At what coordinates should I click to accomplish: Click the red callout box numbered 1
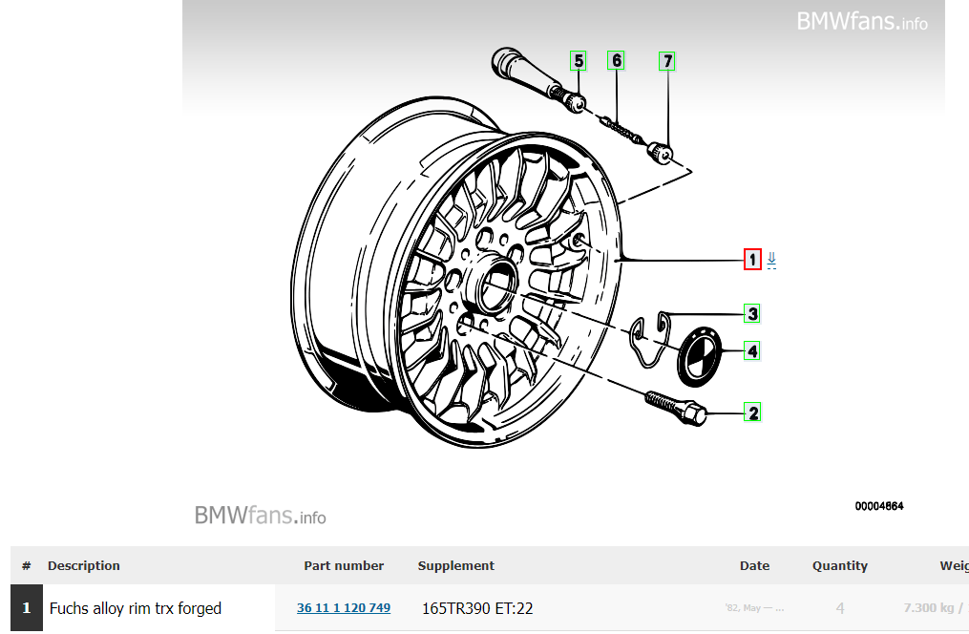pos(752,260)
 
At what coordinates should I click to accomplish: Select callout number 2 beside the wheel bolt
pos(753,413)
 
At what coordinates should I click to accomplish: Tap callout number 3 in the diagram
pos(753,313)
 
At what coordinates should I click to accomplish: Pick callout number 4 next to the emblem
pos(753,351)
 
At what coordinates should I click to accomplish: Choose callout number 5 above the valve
pos(579,62)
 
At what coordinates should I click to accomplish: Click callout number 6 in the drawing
pos(617,61)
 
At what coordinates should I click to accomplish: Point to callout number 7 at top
pos(667,62)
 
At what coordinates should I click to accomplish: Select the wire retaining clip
pos(653,337)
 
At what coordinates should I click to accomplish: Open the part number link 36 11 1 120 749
pos(344,608)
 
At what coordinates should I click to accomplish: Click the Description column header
pos(84,565)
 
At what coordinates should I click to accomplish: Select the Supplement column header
pos(456,565)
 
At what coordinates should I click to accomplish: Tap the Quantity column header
pos(840,565)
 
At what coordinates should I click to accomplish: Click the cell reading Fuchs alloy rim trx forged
pos(136,608)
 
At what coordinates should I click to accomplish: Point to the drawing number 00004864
pos(879,506)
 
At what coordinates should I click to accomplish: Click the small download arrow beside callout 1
pos(771,259)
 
